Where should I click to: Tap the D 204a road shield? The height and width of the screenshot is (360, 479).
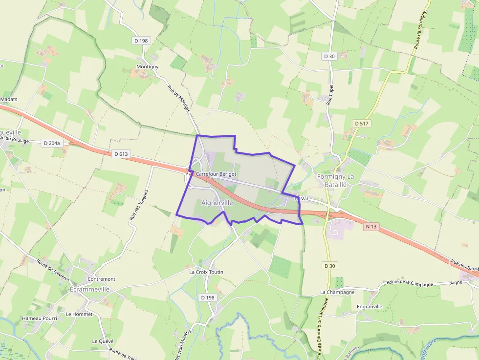pos(52,143)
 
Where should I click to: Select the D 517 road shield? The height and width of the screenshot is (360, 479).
pos(362,124)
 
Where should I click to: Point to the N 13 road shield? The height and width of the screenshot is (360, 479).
pos(371,227)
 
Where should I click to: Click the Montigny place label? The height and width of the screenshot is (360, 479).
pos(147,66)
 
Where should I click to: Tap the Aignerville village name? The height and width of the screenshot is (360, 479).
pos(217,202)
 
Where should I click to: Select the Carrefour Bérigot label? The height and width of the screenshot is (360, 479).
pos(217,174)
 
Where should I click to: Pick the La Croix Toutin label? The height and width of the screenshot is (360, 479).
pos(206,272)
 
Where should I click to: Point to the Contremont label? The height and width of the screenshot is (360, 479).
pos(101,279)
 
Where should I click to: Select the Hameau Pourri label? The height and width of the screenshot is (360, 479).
pos(40,318)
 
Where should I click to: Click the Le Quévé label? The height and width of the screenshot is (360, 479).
pos(103,341)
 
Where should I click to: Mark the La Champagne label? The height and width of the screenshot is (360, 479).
pos(337,292)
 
